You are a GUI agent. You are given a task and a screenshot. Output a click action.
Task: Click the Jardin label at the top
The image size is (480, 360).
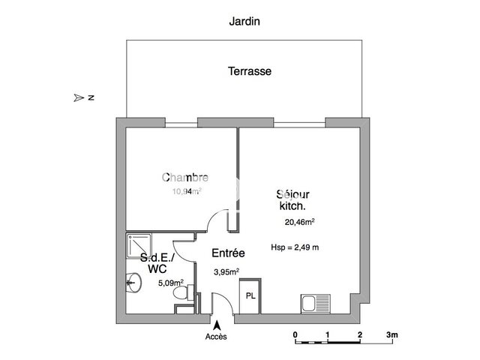click(x=244, y=22)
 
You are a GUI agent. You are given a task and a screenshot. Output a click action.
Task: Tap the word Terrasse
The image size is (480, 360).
click(x=250, y=72)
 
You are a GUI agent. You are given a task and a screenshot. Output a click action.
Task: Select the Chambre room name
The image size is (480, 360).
click(x=185, y=178)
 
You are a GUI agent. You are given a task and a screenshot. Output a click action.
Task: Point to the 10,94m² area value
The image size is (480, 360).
click(x=187, y=191)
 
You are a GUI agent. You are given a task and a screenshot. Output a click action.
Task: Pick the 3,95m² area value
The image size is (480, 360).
click(x=226, y=271)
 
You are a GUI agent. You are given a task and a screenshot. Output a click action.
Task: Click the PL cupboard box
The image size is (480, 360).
click(x=250, y=295)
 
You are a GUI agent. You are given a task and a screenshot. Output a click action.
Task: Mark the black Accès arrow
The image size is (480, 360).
click(x=217, y=325)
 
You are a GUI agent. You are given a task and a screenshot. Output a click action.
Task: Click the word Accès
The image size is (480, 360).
click(x=216, y=337)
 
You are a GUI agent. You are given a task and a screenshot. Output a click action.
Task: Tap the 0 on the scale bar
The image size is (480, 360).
click(x=295, y=334)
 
